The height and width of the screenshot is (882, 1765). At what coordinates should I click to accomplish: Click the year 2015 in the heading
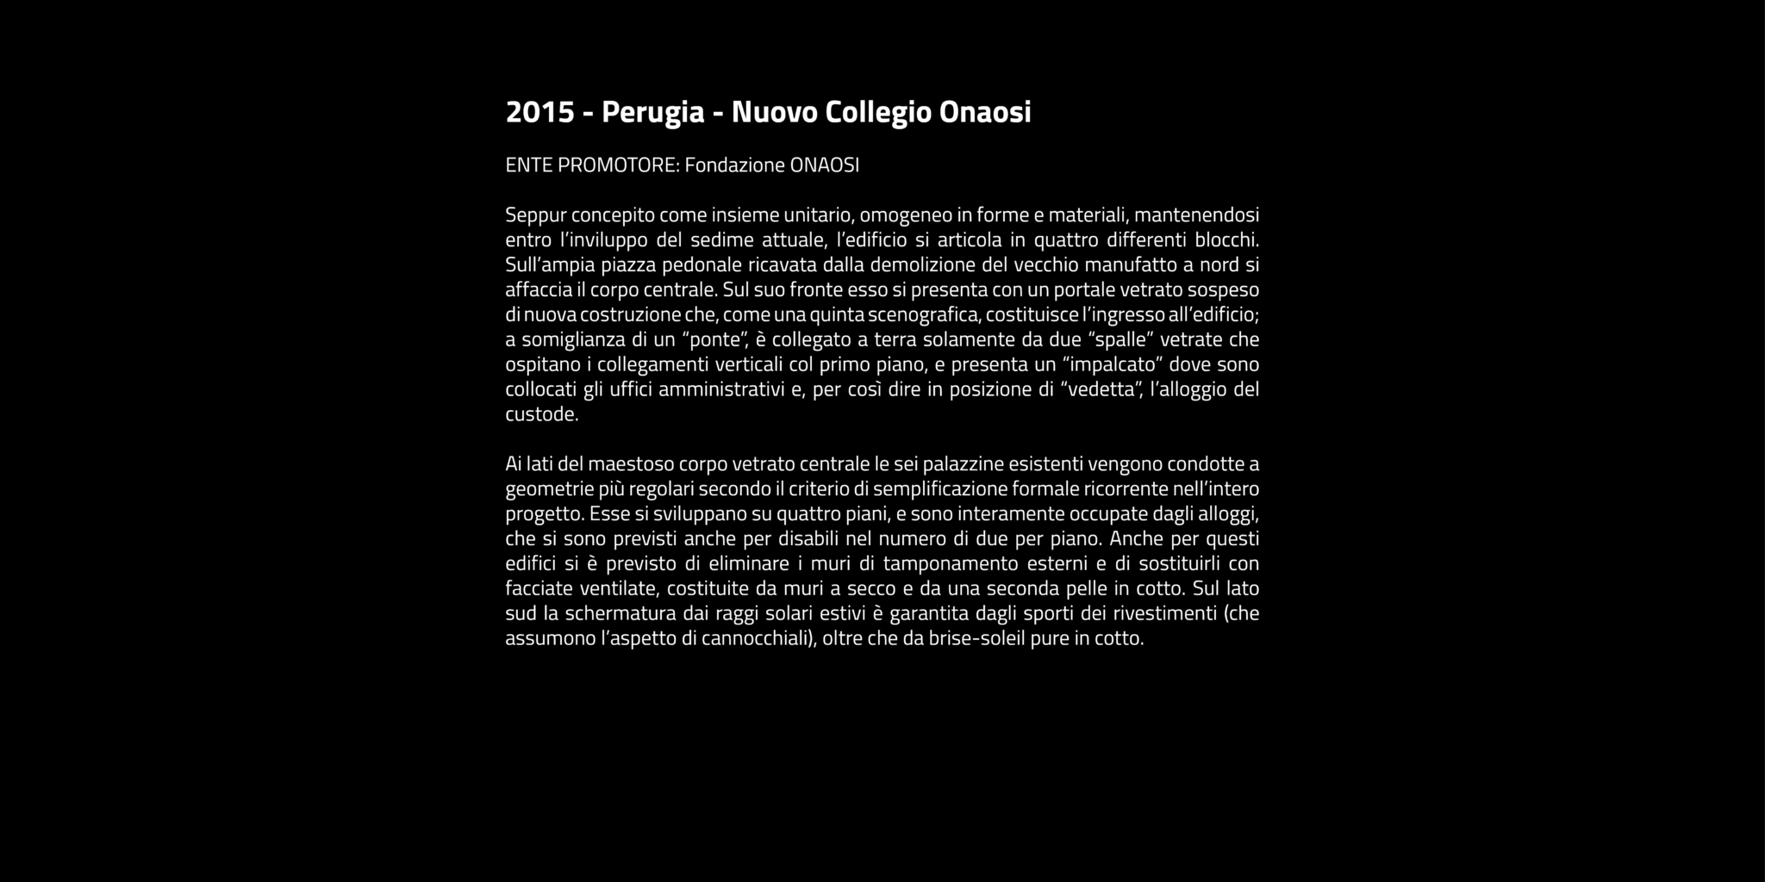click(x=539, y=112)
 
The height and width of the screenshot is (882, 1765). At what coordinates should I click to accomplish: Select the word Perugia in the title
click(x=652, y=112)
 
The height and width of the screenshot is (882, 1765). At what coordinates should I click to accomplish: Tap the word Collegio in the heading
click(x=878, y=112)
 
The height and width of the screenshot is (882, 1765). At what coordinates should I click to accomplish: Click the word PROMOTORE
click(x=618, y=165)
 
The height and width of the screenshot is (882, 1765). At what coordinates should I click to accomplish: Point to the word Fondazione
click(x=734, y=165)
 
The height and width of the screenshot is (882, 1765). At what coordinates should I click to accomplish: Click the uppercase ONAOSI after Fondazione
click(x=824, y=165)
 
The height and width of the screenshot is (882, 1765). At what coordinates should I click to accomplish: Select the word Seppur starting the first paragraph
click(x=534, y=214)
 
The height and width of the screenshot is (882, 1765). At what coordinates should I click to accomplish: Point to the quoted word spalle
click(x=1119, y=339)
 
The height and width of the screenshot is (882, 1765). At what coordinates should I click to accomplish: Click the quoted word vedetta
click(x=1100, y=389)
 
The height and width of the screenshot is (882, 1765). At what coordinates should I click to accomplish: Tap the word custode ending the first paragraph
click(x=539, y=414)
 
